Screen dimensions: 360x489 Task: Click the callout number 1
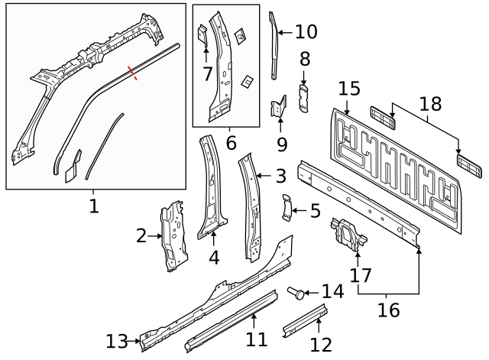coord(94,206)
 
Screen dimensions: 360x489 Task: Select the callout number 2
coord(141,236)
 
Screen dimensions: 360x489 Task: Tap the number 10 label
coord(306,32)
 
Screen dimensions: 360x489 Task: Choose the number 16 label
coord(389,310)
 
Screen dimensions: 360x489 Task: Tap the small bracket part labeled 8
coord(303,99)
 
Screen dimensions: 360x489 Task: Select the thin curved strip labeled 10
coord(275,46)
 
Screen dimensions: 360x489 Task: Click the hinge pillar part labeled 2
coord(173,235)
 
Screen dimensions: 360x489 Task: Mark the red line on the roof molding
coord(134,73)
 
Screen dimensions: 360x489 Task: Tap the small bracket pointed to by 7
coord(202,34)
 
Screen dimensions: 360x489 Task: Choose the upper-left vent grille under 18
coord(382,115)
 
